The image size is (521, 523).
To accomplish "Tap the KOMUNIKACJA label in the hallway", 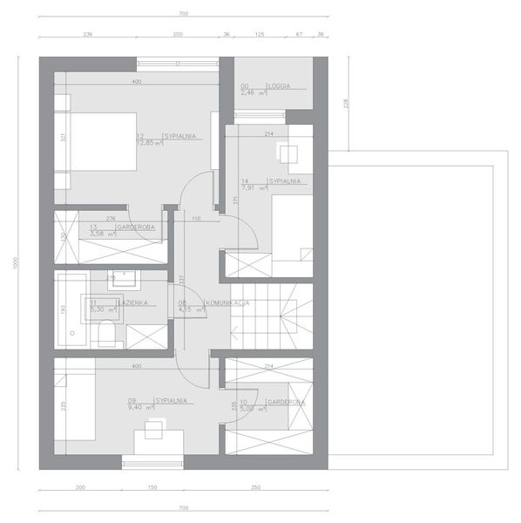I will coord(227,302).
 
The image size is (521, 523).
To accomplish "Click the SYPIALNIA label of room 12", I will coord(176,136).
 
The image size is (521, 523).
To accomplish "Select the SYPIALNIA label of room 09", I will coord(171,400).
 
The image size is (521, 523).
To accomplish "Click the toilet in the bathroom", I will coord(106,333).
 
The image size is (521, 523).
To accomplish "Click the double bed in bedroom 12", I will coord(98,142).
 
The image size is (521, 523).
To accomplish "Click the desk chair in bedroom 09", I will coord(154,427).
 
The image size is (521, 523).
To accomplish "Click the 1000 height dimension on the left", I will coord(16,261).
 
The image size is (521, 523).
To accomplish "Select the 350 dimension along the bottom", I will coord(255,488).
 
